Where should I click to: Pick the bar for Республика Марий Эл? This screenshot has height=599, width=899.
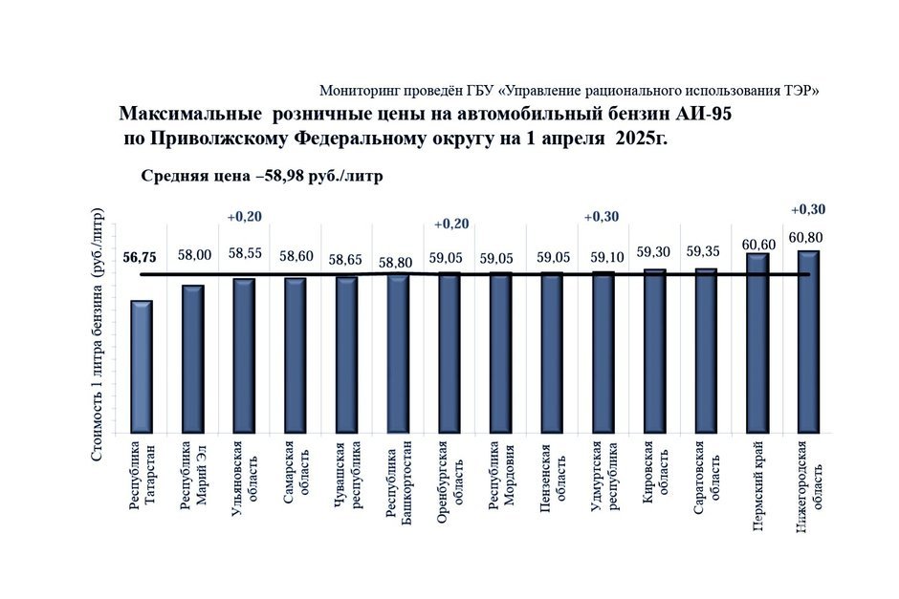(x=193, y=358)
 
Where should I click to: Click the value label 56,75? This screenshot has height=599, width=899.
(x=142, y=257)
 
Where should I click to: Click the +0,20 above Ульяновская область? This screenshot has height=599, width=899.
(x=244, y=217)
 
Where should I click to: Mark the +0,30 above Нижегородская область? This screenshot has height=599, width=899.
(x=808, y=210)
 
